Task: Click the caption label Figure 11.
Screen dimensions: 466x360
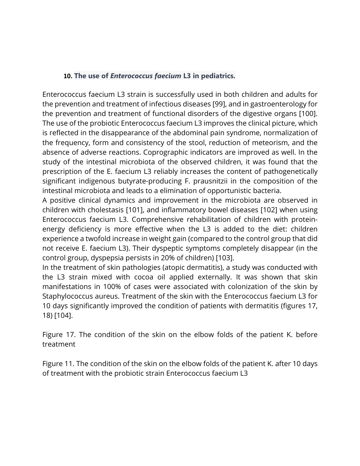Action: pyautogui.click(x=58, y=364)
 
